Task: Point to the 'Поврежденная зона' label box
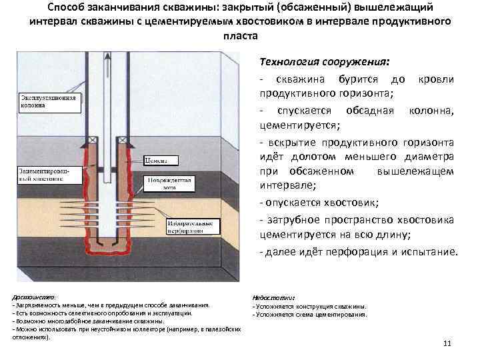pyautogui.click(x=175, y=184)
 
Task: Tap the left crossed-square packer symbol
pyautogui.click(x=99, y=139)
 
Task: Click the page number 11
pyautogui.click(x=447, y=343)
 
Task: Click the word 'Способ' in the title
pyautogui.click(x=68, y=7)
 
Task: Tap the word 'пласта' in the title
pyautogui.click(x=239, y=34)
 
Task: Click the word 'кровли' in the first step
pyautogui.click(x=437, y=79)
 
